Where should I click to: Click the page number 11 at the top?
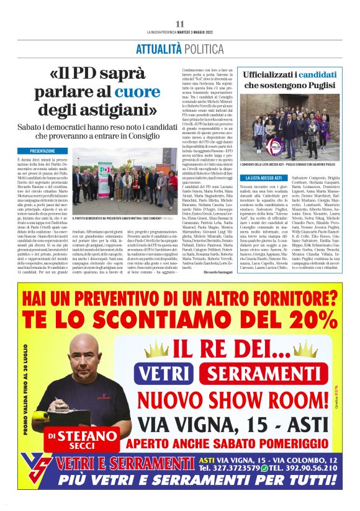180,24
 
